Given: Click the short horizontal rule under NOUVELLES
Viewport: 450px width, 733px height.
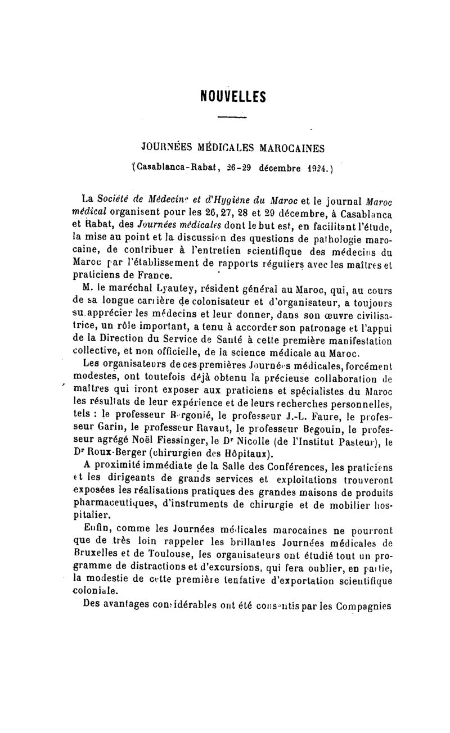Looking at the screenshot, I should [x=232, y=116].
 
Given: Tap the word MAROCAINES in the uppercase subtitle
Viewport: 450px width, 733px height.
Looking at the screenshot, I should [x=291, y=149].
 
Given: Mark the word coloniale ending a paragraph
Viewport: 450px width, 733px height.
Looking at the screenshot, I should [x=96, y=591].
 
